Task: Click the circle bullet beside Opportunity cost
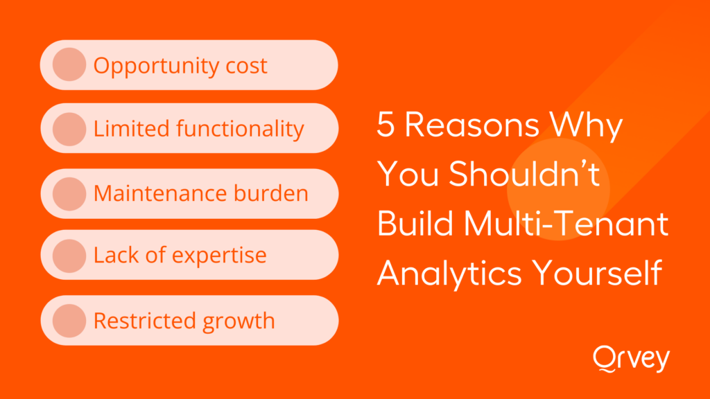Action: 69,64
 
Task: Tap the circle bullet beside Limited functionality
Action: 69,129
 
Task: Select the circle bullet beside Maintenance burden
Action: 69,194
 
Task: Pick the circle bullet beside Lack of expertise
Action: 69,256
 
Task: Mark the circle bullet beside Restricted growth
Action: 69,321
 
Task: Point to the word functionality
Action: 240,129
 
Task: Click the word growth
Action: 239,321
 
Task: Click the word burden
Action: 271,193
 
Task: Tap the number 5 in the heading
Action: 386,125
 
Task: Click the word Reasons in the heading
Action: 471,125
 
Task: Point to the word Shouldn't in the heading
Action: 524,174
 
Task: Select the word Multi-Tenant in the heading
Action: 566,224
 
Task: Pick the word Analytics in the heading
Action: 449,274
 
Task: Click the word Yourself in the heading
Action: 597,272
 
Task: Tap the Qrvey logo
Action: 631,359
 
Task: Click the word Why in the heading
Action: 586,127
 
